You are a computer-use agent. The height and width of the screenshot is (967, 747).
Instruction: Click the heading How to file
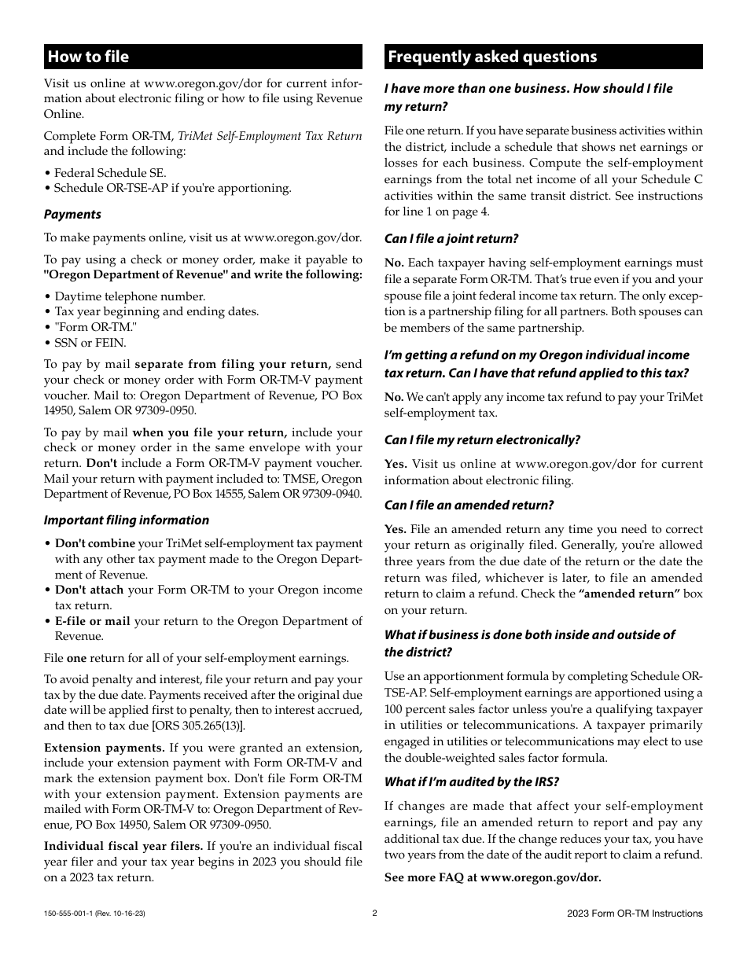point(88,57)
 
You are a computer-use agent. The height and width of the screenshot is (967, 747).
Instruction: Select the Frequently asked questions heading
point(492,57)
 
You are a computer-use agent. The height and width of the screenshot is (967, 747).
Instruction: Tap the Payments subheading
point(72,215)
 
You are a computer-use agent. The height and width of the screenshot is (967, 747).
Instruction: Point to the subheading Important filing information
point(126,520)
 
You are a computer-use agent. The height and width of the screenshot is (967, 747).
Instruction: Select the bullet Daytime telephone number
point(129,296)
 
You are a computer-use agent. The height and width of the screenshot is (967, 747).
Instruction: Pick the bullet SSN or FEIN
point(90,343)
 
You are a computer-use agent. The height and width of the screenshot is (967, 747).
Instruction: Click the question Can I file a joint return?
point(451,239)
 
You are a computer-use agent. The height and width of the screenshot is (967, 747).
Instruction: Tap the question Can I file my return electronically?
point(482,440)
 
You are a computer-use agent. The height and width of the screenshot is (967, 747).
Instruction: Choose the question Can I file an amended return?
point(469,506)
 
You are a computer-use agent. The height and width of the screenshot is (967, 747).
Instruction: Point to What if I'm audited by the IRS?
point(472,782)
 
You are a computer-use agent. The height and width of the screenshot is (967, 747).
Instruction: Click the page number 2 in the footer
point(374,914)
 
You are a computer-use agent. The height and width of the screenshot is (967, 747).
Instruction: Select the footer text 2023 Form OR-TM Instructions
point(635,914)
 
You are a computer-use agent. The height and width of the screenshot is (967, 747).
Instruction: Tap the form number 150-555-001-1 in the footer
point(68,914)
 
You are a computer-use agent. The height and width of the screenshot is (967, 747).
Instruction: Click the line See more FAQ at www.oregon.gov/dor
point(492,877)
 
